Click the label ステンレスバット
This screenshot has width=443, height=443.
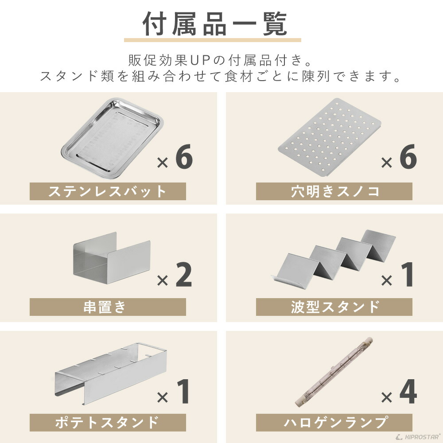click(108, 191)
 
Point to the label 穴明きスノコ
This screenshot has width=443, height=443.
click(334, 191)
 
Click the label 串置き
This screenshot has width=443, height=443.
click(108, 307)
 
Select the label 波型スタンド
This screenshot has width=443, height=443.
click(334, 307)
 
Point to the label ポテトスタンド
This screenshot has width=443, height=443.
click(108, 422)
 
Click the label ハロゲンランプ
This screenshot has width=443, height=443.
click(334, 422)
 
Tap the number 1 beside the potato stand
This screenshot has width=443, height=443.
click(183, 391)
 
